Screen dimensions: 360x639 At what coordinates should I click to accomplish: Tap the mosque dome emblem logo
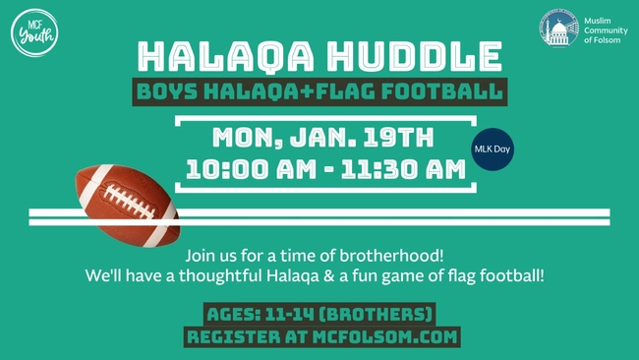558,29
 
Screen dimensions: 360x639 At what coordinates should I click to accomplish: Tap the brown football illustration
127,203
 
